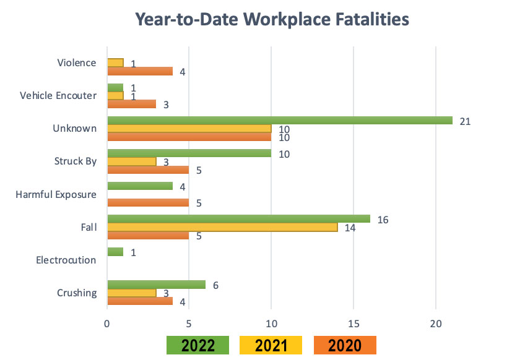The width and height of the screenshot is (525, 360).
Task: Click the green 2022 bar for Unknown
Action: tap(280, 121)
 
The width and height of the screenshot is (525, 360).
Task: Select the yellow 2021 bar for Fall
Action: tap(223, 227)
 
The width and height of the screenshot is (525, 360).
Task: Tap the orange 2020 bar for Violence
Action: tap(140, 71)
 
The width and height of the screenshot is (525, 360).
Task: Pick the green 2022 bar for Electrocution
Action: tap(116, 252)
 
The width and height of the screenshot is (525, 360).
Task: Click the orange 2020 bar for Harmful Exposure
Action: tap(148, 202)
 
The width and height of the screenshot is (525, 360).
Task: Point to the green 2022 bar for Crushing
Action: tap(157, 285)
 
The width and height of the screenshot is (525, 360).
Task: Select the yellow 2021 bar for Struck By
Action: tap(132, 161)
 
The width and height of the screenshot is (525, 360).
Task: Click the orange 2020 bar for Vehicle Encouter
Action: tap(132, 104)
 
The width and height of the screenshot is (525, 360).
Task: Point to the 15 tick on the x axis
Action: tap(354, 322)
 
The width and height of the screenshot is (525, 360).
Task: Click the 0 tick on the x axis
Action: tap(107, 322)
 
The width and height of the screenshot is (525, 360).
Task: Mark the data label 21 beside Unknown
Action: tap(465, 121)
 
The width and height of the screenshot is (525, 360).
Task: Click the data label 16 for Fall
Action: tap(383, 220)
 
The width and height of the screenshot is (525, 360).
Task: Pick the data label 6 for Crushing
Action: tap(216, 285)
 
